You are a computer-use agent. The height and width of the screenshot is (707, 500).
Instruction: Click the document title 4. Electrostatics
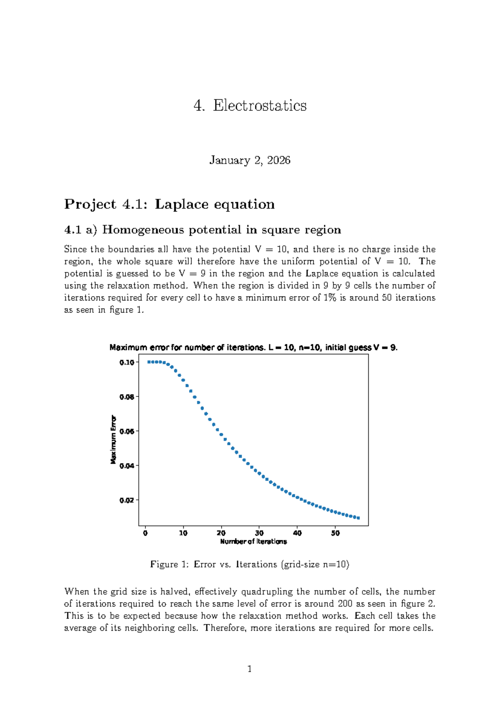tap(250, 105)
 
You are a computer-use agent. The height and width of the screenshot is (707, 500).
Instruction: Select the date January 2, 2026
tap(250, 160)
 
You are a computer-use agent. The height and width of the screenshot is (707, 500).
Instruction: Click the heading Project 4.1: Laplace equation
tap(169, 204)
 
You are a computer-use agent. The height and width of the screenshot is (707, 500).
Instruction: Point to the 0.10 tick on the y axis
tap(127, 362)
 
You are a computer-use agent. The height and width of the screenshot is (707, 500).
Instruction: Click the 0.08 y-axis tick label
tap(127, 397)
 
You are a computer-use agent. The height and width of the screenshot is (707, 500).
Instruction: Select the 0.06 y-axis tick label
tap(127, 431)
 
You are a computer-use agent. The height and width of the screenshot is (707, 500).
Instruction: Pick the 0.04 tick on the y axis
tap(127, 466)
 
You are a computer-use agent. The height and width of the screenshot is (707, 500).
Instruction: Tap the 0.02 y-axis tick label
tap(127, 500)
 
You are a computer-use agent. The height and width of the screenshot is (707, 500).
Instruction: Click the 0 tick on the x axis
tap(145, 533)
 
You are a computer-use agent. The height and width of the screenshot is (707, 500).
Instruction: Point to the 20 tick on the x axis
tap(221, 533)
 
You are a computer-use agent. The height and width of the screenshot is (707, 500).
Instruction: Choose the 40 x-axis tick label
tap(297, 533)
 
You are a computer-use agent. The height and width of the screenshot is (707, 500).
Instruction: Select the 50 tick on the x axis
tap(335, 533)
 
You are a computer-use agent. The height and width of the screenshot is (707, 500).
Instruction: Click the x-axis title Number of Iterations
tap(253, 542)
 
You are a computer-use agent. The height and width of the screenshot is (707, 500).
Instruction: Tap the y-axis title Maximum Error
tap(113, 439)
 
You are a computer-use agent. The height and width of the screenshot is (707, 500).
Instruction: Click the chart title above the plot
tap(253, 348)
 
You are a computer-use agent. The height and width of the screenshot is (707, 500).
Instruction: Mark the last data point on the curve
tap(358, 518)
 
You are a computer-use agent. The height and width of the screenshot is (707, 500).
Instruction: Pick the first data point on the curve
tap(149, 362)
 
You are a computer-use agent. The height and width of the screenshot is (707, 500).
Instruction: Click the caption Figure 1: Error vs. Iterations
tap(250, 564)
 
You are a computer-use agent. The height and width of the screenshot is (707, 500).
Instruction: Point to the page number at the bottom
tap(250, 669)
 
